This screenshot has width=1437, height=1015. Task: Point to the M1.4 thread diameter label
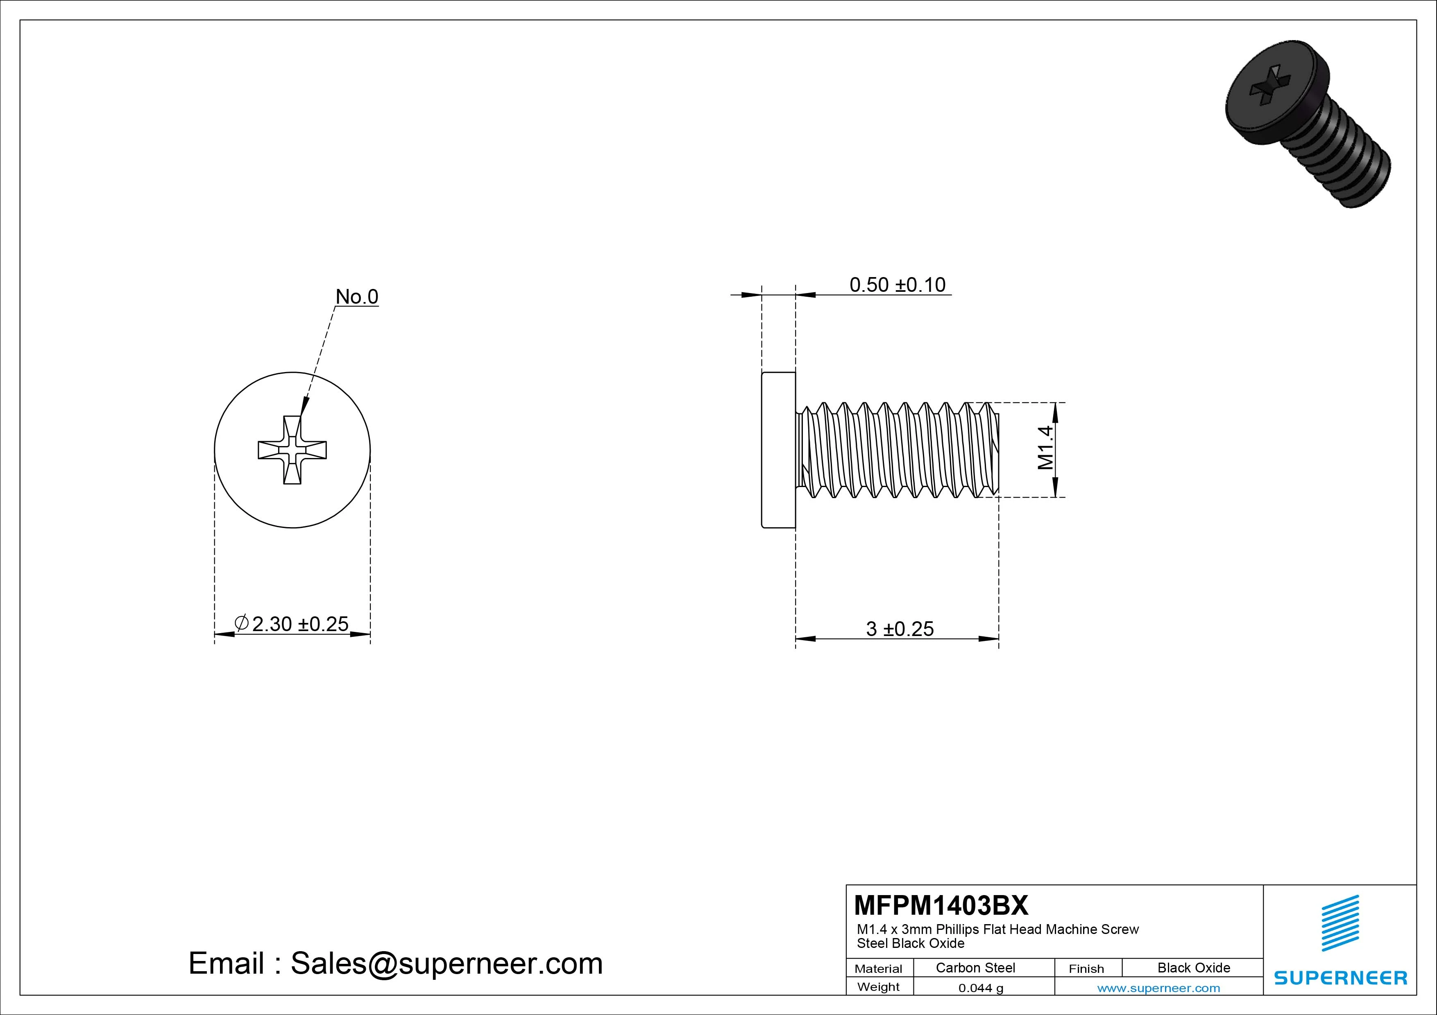(1045, 448)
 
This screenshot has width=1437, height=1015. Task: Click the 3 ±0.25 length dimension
(900, 629)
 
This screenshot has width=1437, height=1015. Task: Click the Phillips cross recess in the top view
(292, 450)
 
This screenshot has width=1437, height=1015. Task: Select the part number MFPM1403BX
(941, 905)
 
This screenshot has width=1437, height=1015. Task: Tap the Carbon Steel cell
(975, 968)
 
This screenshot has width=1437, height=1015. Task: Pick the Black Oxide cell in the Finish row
(1194, 968)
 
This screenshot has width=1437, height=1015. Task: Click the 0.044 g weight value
(981, 988)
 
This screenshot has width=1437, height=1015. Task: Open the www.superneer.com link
(1158, 988)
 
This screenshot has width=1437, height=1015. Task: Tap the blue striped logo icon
(1340, 923)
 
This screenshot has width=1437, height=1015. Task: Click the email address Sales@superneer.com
(446, 963)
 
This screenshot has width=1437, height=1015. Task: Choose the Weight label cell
(878, 987)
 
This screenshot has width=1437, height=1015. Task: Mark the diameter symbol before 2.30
(242, 623)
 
